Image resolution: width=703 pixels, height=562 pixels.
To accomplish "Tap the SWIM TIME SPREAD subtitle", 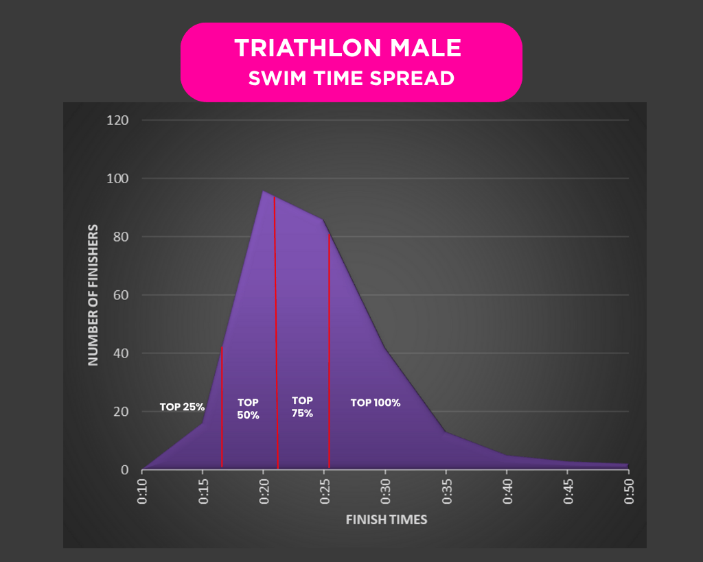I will (351, 78).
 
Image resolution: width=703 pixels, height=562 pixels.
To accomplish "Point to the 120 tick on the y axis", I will (119, 120).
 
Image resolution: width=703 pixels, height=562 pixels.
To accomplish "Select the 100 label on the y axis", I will (119, 178).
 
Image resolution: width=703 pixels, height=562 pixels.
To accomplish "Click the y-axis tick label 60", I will (122, 295).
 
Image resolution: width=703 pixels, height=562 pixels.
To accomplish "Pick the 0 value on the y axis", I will (124, 470).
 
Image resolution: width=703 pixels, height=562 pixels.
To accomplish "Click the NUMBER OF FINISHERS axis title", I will (93, 295).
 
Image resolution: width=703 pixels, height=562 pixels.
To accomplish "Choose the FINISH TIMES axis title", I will (386, 519).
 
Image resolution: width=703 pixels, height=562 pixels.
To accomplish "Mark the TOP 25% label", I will (182, 406).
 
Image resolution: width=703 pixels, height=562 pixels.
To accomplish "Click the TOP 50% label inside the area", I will (248, 408).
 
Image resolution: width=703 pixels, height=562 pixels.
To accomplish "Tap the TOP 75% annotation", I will (302, 407).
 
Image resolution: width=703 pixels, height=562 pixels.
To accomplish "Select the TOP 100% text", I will (375, 403).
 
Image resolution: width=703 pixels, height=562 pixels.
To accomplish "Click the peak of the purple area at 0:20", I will (264, 191).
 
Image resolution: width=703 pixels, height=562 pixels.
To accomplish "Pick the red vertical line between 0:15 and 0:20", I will (222, 412).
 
